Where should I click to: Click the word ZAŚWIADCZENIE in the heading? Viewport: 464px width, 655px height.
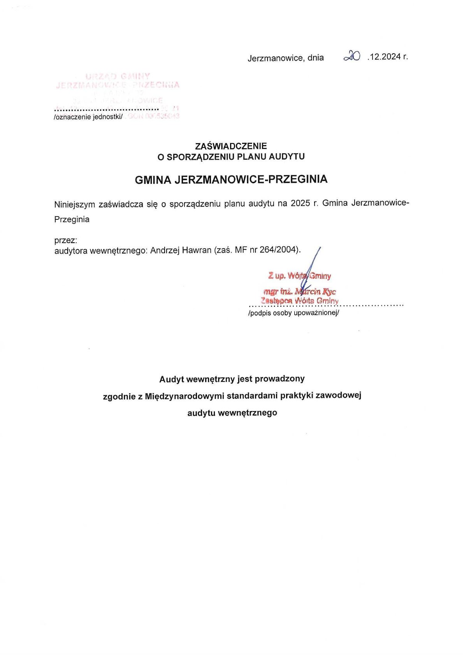[231, 146]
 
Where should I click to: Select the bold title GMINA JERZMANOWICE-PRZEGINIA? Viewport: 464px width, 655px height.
[231, 179]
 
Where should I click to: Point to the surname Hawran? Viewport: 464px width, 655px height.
[197, 250]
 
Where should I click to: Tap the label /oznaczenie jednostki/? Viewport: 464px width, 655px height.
[88, 117]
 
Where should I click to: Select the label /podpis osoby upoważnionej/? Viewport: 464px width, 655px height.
[294, 313]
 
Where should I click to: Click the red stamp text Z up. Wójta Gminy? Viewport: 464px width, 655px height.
[299, 276]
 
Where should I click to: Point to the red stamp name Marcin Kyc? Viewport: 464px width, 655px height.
[315, 291]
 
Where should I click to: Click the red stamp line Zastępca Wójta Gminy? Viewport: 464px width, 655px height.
[299, 301]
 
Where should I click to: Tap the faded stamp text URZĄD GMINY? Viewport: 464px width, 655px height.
[118, 76]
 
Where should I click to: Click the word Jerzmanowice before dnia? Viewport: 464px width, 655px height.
[275, 58]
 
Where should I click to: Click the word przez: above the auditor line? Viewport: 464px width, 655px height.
[66, 240]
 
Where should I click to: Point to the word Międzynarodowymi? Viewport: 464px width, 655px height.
[185, 396]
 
